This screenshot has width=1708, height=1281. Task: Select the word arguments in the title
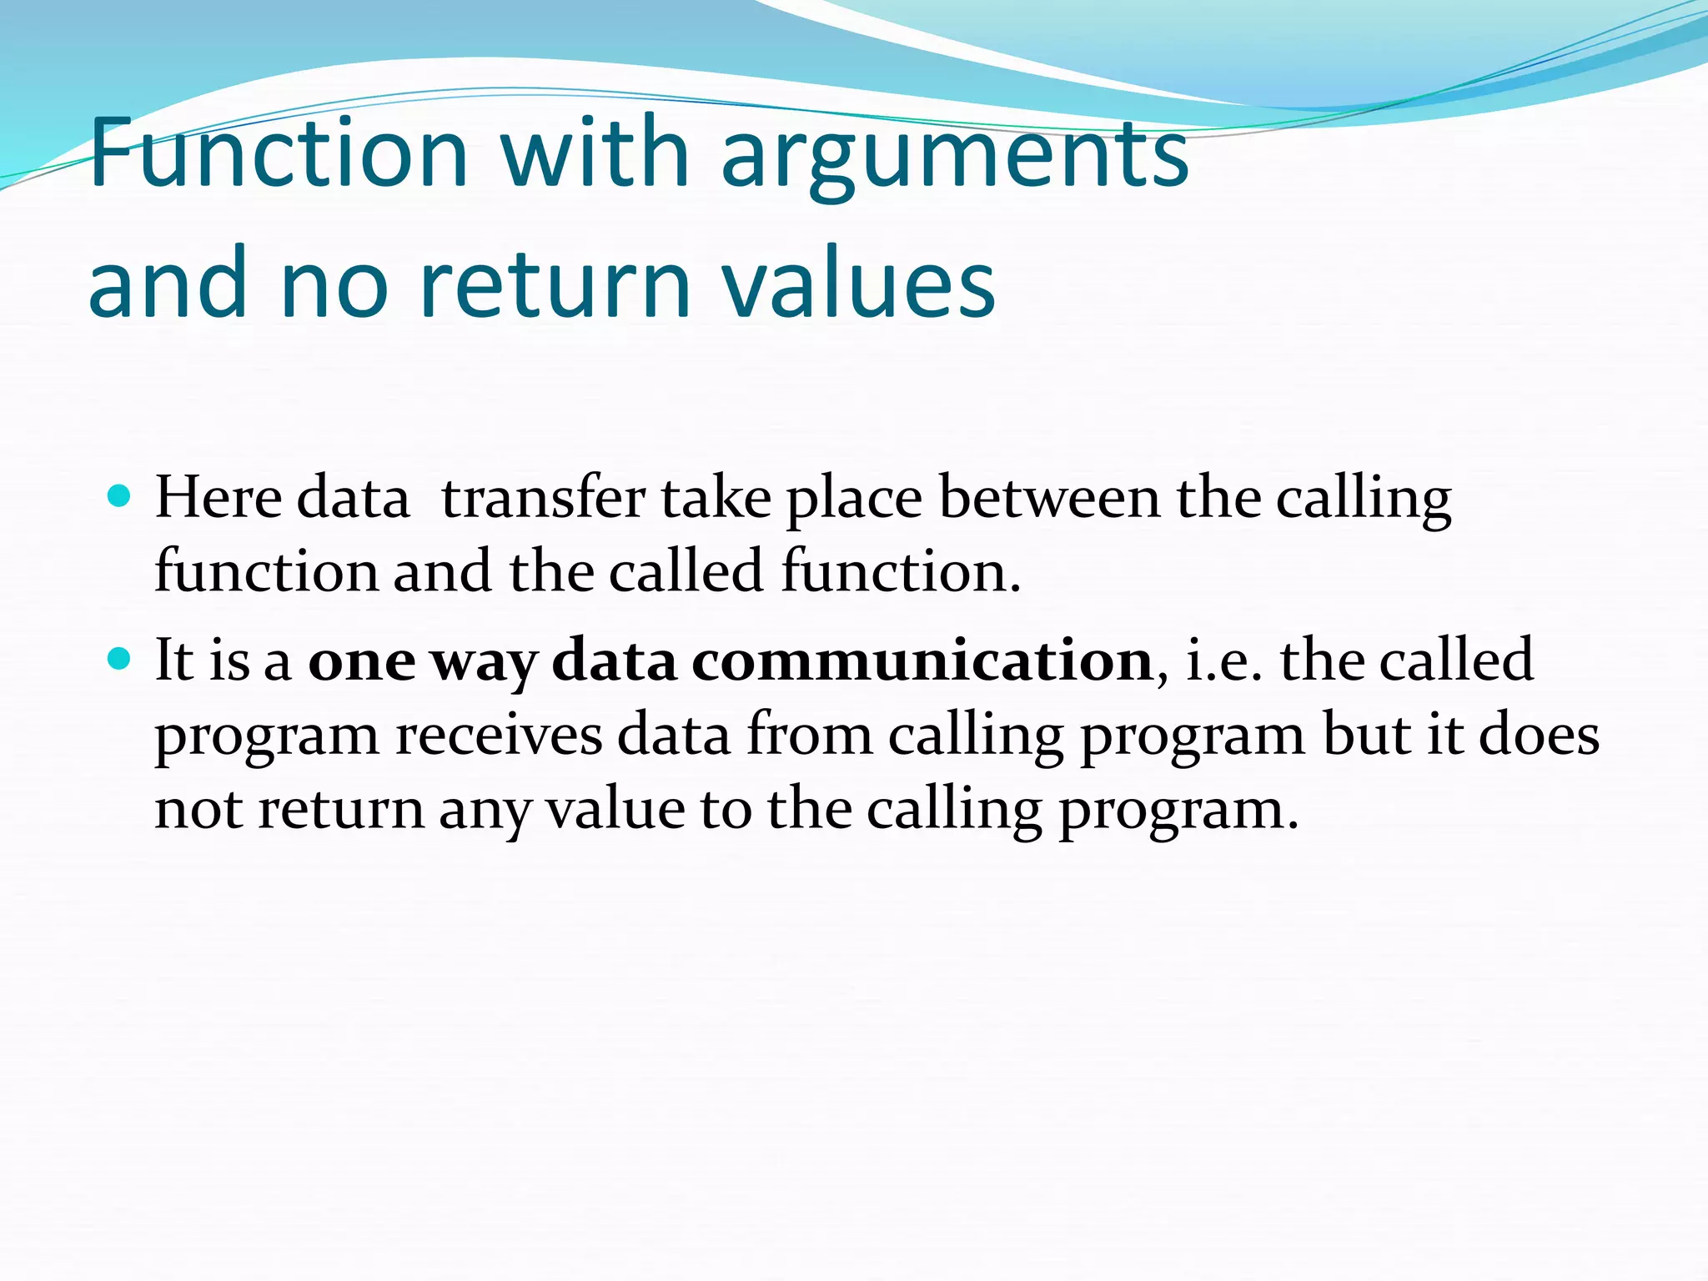(x=955, y=158)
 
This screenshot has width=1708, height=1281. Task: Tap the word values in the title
(x=858, y=284)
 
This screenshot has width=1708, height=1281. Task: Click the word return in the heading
(x=555, y=284)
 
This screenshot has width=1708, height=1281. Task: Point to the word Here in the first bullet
(x=219, y=498)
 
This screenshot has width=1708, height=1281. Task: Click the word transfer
(x=543, y=498)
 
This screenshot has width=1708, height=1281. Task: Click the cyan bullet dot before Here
(x=120, y=496)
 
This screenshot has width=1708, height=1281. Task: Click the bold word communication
(x=922, y=661)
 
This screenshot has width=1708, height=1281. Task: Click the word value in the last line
(x=615, y=810)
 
